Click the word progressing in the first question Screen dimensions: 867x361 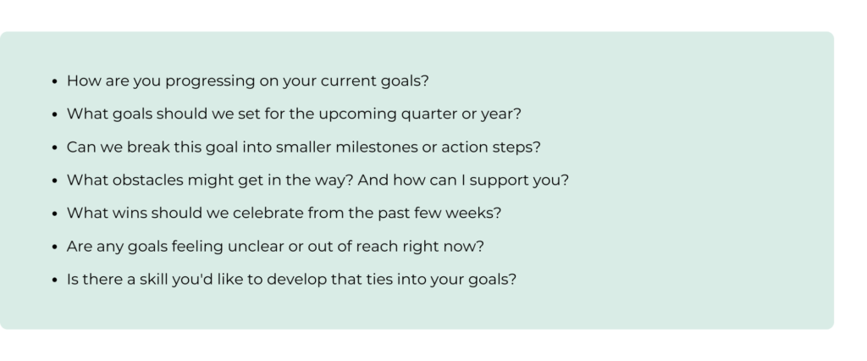pyautogui.click(x=211, y=81)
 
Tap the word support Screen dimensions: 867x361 pyautogui.click(x=500, y=181)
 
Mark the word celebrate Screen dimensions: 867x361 pyautogui.click(x=268, y=214)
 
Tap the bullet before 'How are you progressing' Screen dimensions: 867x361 pyautogui.click(x=54, y=81)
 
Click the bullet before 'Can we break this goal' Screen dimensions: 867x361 pyautogui.click(x=54, y=147)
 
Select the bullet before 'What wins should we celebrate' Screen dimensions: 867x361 pyautogui.click(x=54, y=214)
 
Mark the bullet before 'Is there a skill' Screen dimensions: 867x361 pyautogui.click(x=54, y=280)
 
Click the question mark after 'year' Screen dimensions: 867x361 pyautogui.click(x=517, y=114)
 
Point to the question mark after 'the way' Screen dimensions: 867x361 pyautogui.click(x=349, y=180)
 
